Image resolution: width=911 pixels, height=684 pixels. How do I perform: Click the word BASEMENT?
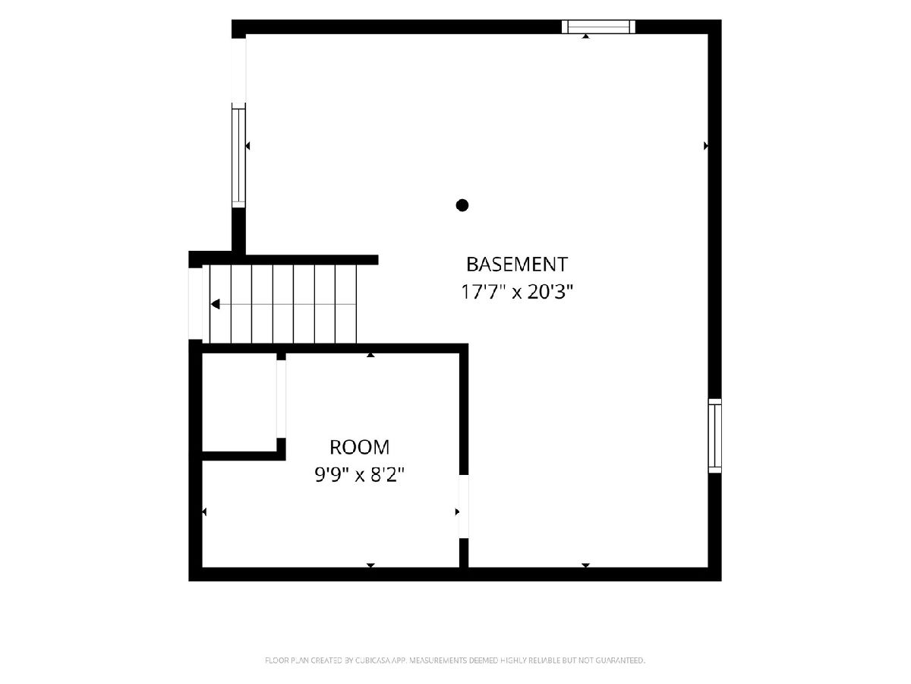tap(516, 264)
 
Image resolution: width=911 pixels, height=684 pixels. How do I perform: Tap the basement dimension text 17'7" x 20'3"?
tap(516, 292)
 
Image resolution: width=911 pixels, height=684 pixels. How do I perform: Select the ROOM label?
tap(359, 448)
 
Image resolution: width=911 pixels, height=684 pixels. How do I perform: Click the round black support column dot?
tap(462, 205)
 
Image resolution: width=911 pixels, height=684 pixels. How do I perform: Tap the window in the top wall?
tap(598, 27)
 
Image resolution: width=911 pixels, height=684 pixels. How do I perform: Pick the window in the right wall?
tap(714, 435)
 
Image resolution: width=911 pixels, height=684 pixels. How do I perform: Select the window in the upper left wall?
tap(238, 155)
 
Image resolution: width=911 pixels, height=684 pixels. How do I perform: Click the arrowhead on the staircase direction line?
tap(215, 304)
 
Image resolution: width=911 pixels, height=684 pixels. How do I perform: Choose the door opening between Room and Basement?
tap(464, 506)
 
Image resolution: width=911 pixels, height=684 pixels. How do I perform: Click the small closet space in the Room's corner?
tap(239, 402)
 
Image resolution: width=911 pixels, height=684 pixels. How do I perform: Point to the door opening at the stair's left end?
tap(195, 303)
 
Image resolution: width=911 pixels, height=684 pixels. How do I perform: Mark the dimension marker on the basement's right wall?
tap(705, 146)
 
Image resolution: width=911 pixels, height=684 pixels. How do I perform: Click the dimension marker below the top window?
tap(585, 36)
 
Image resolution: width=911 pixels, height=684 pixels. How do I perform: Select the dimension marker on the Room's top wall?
tap(370, 355)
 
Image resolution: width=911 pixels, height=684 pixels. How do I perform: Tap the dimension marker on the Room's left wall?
tap(204, 511)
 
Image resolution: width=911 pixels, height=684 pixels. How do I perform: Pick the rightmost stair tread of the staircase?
tap(345, 304)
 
